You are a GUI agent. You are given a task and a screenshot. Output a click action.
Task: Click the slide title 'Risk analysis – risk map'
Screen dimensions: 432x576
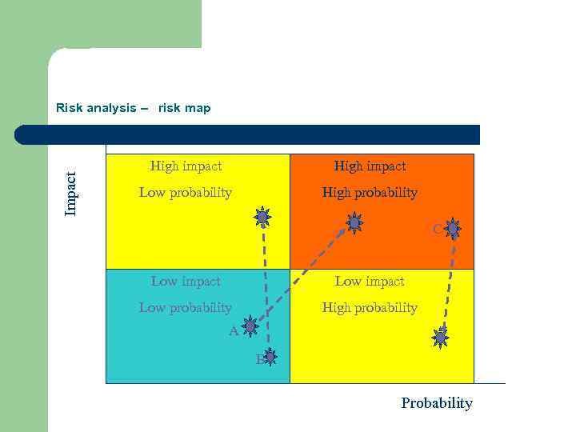pos(133,108)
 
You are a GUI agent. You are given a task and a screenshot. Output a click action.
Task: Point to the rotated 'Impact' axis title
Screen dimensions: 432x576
pos(72,193)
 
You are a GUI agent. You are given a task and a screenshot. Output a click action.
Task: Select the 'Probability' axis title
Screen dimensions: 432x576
pos(436,403)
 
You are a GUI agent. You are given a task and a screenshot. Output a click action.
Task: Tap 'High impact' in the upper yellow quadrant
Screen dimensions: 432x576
pos(186,166)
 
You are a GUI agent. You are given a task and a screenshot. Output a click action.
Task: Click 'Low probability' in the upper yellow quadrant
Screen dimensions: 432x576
pos(185,193)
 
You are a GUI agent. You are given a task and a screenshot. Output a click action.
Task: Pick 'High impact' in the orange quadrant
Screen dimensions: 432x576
pos(370,166)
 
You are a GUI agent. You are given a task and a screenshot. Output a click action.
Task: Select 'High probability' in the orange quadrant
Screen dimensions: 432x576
pos(370,193)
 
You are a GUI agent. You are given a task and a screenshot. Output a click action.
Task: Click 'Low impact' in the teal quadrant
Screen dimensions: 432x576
pos(186,282)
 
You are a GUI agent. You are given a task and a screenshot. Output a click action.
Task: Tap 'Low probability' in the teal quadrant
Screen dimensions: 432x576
pos(185,308)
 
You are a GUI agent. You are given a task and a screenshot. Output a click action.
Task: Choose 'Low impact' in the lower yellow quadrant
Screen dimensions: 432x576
pos(370,282)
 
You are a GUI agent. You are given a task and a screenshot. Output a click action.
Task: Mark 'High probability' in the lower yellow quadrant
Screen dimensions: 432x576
pos(370,308)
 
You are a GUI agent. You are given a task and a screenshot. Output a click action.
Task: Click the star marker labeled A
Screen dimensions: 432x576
pos(250,326)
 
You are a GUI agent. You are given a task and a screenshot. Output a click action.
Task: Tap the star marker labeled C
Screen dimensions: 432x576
pos(453,229)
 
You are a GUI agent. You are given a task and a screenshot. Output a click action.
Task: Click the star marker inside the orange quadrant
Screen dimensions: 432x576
pos(354,222)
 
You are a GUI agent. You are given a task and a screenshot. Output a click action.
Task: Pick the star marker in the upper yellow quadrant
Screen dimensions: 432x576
pos(262,216)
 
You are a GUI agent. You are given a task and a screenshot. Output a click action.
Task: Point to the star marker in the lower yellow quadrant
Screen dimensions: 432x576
pos(440,338)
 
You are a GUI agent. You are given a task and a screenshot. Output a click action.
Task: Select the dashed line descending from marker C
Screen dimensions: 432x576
pos(450,280)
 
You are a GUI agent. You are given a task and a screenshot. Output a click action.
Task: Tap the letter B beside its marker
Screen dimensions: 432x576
pos(260,360)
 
